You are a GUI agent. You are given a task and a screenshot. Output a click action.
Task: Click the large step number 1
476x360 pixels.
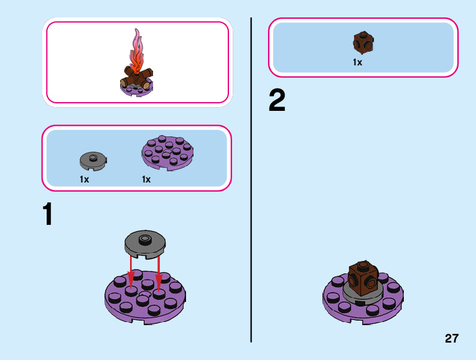pos(48,215)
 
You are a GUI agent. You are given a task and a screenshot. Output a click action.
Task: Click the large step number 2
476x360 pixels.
pos(277,101)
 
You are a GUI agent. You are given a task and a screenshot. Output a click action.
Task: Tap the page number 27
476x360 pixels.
pos(452,339)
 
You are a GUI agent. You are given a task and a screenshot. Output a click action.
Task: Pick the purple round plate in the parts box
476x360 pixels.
pos(167,153)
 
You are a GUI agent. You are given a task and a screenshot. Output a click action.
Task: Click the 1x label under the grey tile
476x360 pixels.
pos(85,179)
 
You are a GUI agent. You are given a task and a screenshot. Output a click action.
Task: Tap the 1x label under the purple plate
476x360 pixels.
pos(146,179)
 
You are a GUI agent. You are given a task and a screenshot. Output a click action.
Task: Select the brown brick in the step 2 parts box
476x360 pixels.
pos(363,42)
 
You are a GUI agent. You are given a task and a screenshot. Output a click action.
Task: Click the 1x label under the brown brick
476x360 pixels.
pos(358,62)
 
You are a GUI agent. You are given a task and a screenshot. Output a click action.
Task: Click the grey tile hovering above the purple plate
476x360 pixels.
pos(144,243)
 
